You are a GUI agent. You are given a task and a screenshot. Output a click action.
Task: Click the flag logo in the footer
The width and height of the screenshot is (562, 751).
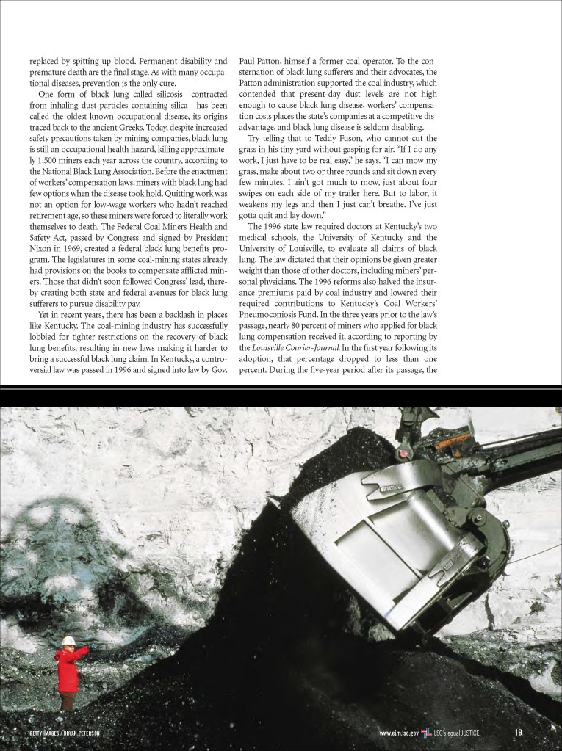coord(426,732)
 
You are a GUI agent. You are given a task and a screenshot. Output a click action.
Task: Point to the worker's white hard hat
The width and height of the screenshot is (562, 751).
coord(68,641)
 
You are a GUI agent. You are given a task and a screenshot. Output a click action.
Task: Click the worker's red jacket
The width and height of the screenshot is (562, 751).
coord(70,668)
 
